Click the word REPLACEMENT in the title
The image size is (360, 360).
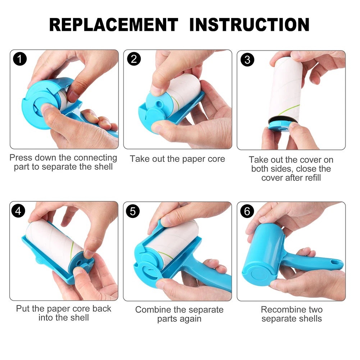coord(114,24)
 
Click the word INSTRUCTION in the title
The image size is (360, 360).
coord(249,24)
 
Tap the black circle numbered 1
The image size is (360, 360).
coord(20,59)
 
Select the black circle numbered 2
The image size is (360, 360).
coord(134,59)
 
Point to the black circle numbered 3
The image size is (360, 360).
coord(247,60)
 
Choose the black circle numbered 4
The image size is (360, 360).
coord(19,211)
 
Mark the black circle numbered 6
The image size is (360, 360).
coord(247,211)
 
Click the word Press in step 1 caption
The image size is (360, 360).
coord(21,158)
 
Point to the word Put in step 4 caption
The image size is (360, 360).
coord(23,309)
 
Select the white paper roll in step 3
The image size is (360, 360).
coord(286,90)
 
